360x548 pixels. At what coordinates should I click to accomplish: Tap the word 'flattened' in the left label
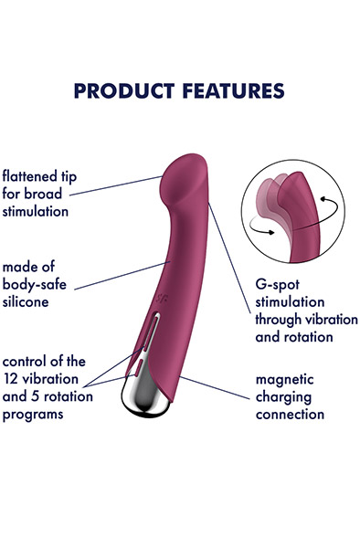(x=31, y=174)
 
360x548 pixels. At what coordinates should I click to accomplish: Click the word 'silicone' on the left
(x=24, y=300)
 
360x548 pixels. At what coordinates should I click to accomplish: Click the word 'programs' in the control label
(x=32, y=413)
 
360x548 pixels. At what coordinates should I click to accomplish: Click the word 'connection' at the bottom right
(x=289, y=414)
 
